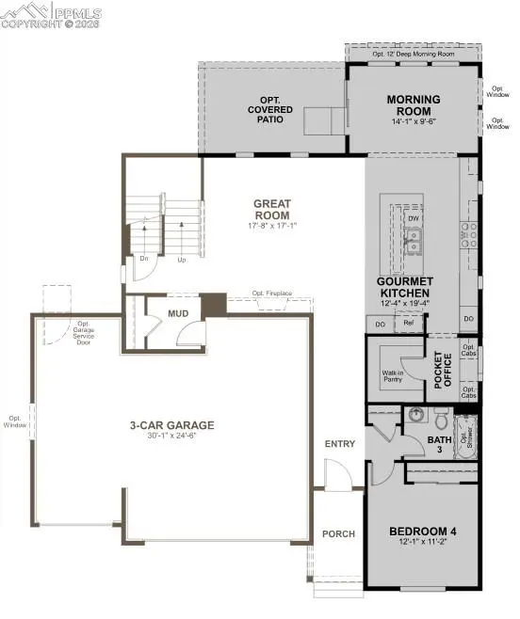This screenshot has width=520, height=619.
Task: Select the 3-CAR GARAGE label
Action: coord(171,425)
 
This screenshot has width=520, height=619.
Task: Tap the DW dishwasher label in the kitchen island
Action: coord(413,217)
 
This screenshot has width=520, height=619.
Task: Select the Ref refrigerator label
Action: coord(408,323)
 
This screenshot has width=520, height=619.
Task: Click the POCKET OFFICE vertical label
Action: coord(437,370)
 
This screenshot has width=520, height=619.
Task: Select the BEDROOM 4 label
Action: coord(421,532)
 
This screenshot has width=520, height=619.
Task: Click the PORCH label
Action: coord(338,533)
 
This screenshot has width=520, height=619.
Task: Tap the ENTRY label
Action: coord(338,444)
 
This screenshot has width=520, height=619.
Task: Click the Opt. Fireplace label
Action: coord(271,294)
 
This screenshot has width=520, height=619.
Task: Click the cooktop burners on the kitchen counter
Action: coord(467,234)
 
